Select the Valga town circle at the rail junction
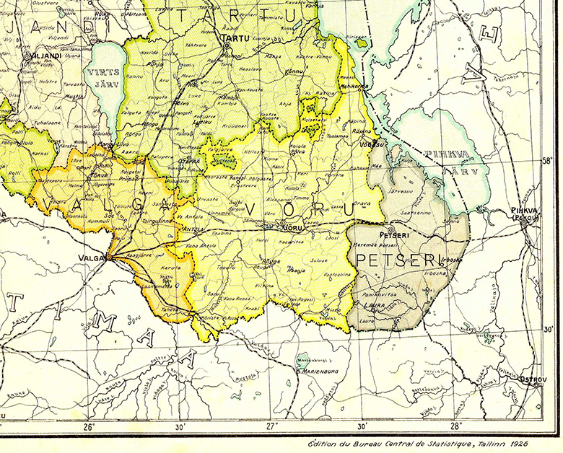(x=108, y=255)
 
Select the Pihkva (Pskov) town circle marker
(x=523, y=222)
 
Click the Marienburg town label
(x=318, y=372)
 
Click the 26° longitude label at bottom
(x=90, y=426)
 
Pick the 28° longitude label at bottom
(x=456, y=426)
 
